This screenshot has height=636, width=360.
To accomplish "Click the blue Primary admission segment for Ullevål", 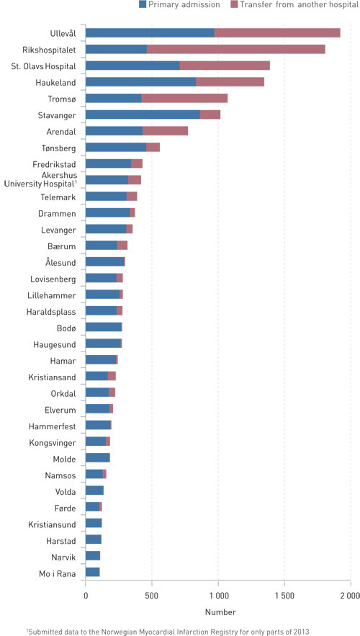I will click(150, 33).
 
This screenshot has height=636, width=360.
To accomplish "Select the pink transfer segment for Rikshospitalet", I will click(235, 49).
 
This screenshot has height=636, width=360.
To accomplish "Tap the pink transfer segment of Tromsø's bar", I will click(184, 98).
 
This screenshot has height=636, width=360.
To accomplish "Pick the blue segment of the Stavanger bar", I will click(143, 115).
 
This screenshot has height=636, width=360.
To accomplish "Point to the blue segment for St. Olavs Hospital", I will click(132, 66).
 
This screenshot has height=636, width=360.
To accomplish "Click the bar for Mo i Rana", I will click(92, 572).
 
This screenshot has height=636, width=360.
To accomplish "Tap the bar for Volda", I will click(94, 491).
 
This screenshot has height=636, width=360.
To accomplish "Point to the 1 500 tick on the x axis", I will click(284, 596).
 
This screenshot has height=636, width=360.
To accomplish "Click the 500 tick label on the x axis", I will click(152, 596).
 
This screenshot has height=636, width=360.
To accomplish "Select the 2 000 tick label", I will click(349, 596).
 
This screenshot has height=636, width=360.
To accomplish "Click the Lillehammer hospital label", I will click(52, 295).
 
